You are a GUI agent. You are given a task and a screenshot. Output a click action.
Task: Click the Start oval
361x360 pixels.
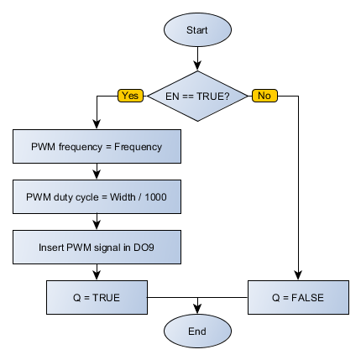tap(197, 30)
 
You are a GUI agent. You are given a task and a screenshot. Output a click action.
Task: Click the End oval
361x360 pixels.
tap(197, 331)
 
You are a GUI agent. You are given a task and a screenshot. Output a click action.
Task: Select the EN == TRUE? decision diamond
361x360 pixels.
tap(197, 96)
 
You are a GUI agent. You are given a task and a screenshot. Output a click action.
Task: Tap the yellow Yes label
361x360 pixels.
tap(131, 96)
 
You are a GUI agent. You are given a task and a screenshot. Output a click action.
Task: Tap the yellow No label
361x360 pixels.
tap(264, 96)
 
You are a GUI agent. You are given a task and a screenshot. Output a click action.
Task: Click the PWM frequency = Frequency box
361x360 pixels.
tap(98, 147)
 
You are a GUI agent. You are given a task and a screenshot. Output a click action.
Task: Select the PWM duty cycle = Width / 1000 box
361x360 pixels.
tap(98, 197)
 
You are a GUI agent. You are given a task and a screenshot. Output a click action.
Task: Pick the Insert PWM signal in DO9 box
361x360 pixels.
tap(98, 248)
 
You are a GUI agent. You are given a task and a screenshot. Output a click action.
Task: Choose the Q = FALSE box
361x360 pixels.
tap(297, 297)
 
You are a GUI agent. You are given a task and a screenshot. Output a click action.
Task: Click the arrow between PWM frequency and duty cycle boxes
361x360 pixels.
tap(98, 172)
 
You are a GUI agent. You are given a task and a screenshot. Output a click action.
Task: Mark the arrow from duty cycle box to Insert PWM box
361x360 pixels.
tap(98, 222)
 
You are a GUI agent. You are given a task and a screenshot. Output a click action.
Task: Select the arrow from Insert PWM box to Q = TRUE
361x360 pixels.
tap(98, 272)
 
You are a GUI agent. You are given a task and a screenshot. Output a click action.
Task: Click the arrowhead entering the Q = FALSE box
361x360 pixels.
tap(297, 276)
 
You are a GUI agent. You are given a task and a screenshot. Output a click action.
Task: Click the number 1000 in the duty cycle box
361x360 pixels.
tap(156, 197)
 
